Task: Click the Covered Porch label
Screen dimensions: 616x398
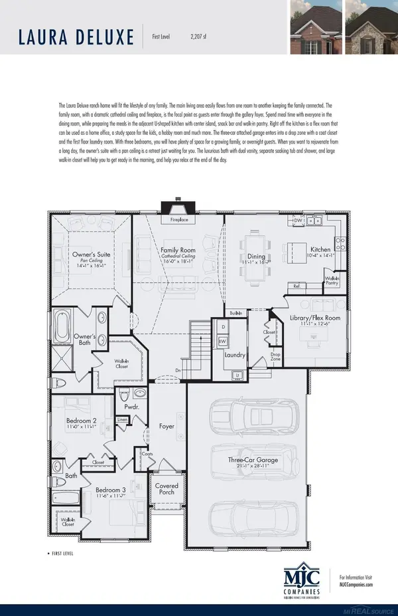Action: (166, 490)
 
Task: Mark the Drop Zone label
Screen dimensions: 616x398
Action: (276, 358)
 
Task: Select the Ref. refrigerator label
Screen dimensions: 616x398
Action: (296, 286)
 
